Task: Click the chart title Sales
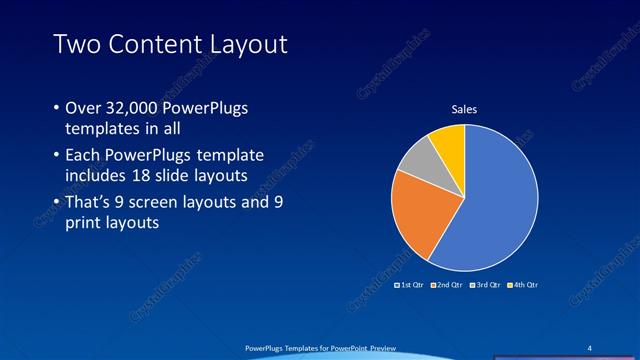[464, 108]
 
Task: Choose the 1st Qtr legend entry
[410, 285]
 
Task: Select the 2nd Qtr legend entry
[448, 285]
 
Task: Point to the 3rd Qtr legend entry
[486, 285]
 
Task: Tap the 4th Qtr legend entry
[525, 285]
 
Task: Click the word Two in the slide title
[75, 44]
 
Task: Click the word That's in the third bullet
[89, 204]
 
